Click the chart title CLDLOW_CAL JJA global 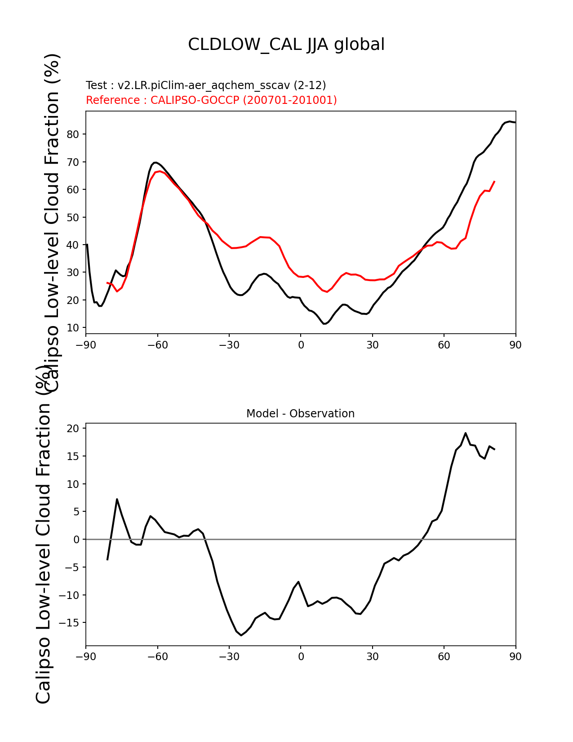click(286, 45)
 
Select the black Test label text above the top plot click(206, 85)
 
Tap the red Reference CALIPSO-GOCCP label click(211, 100)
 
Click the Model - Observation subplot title click(300, 414)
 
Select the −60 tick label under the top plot click(157, 345)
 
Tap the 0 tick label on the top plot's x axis click(301, 345)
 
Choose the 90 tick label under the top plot click(515, 345)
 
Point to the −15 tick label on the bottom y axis click(70, 623)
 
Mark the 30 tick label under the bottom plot click(372, 657)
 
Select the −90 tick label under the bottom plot click(86, 657)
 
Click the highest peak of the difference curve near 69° click(466, 433)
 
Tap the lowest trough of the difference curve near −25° click(241, 635)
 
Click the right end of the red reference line click(494, 181)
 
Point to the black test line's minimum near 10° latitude click(324, 324)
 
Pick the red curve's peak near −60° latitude click(160, 171)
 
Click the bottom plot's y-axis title click(44, 535)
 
